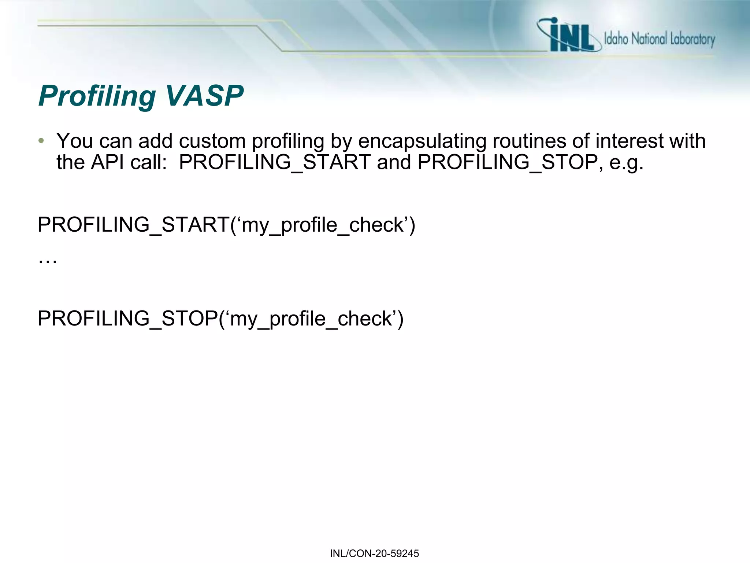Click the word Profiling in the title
click(97, 96)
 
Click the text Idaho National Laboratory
click(659, 39)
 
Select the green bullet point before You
click(41, 141)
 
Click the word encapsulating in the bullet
click(422, 141)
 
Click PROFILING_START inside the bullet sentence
click(275, 162)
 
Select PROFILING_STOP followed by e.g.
click(508, 162)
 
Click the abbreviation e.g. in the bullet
click(626, 163)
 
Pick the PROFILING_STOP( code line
click(220, 318)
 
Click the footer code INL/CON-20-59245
click(374, 553)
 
